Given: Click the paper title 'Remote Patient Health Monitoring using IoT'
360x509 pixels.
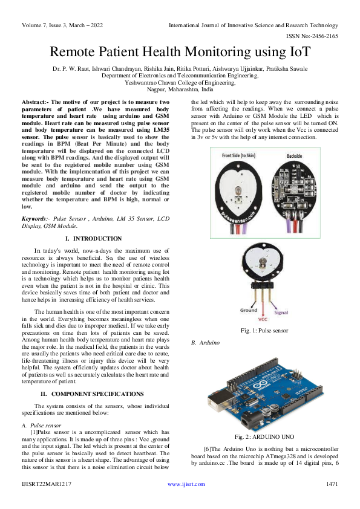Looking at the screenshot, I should coord(180,53).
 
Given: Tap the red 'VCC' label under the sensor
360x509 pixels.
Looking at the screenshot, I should coord(263,318).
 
